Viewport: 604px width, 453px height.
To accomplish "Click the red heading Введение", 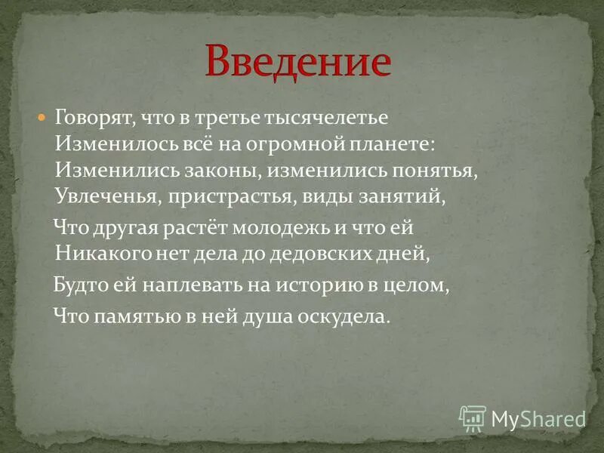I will coord(299,62).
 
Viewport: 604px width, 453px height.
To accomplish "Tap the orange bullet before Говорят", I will coord(42,119).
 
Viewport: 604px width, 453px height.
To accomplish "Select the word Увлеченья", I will coord(103,198).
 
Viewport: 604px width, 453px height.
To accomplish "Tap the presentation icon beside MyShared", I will coord(473,418).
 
